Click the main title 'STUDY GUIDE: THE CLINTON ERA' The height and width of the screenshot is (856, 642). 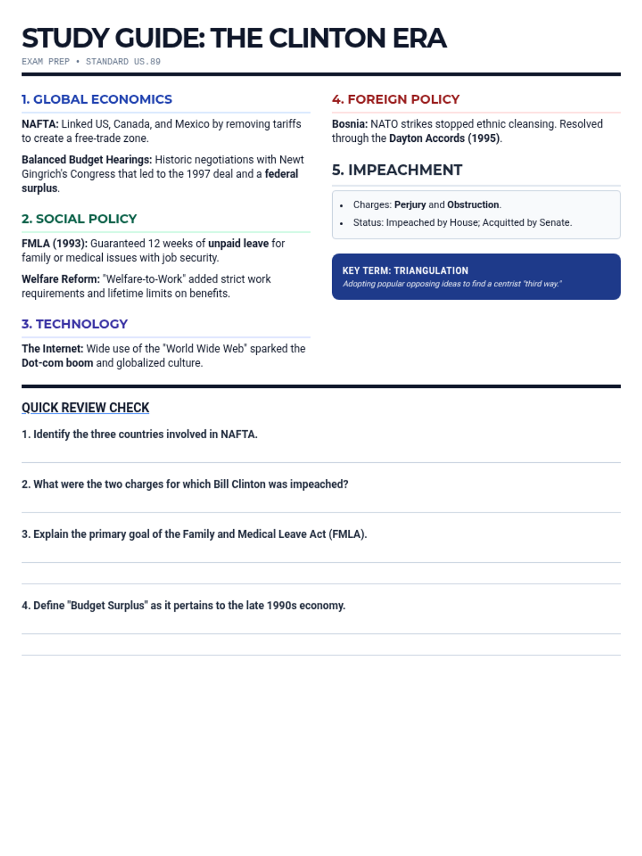pyautogui.click(x=234, y=39)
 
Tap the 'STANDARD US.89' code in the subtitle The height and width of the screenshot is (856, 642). pyautogui.click(x=123, y=62)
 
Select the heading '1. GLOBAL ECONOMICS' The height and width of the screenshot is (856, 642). pyautogui.click(x=97, y=100)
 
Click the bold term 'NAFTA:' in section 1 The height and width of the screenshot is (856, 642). pyautogui.click(x=40, y=124)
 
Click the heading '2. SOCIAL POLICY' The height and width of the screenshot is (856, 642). pyautogui.click(x=79, y=219)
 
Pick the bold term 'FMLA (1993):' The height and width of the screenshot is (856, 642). pyautogui.click(x=54, y=243)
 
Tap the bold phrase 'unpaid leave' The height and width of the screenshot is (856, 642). pyautogui.click(x=238, y=243)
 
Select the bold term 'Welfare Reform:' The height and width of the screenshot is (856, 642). pyautogui.click(x=60, y=279)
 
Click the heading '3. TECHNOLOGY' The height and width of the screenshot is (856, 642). pyautogui.click(x=74, y=324)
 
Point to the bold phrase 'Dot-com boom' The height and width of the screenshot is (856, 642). pyautogui.click(x=57, y=363)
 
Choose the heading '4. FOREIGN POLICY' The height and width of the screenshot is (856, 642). pyautogui.click(x=395, y=100)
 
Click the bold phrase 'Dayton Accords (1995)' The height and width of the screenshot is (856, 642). pyautogui.click(x=444, y=139)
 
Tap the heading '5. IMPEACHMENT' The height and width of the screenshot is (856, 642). pyautogui.click(x=397, y=170)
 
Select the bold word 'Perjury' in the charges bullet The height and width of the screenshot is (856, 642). pyautogui.click(x=410, y=205)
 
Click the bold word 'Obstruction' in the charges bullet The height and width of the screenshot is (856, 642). pyautogui.click(x=473, y=205)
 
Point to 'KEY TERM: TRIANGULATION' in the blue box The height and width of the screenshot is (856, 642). pyautogui.click(x=405, y=271)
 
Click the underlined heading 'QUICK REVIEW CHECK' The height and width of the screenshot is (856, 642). pyautogui.click(x=85, y=408)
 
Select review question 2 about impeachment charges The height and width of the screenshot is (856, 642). pyautogui.click(x=185, y=484)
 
